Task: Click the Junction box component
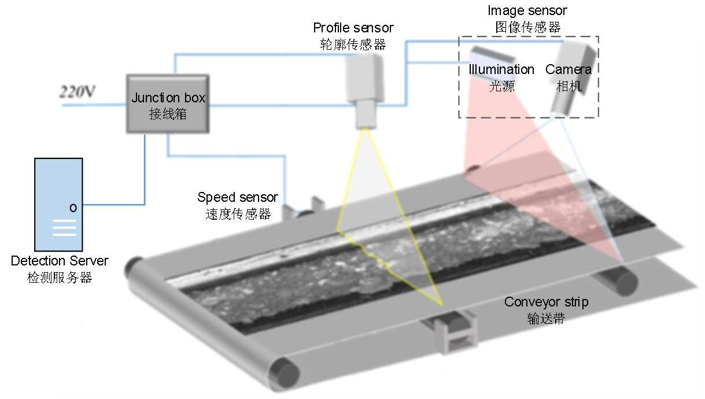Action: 168,104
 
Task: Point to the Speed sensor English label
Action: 237,198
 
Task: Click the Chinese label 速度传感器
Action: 238,214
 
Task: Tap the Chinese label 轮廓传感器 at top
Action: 353,44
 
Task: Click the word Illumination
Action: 501,70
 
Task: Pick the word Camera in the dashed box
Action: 569,70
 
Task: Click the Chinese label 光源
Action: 501,86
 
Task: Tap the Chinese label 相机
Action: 569,86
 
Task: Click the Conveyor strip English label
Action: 546,302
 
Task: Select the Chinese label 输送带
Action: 546,318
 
